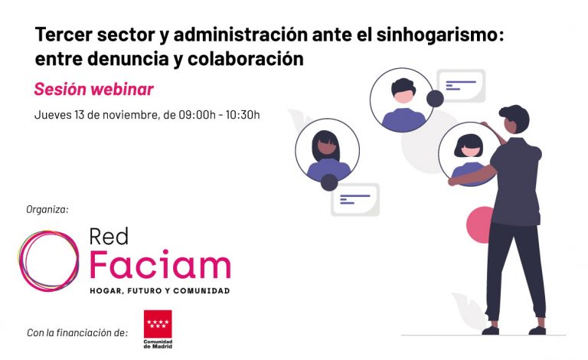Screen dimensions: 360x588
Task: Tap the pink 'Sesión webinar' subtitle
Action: pyautogui.click(x=93, y=90)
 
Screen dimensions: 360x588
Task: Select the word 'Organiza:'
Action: pyautogui.click(x=47, y=208)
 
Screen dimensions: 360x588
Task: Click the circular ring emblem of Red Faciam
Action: pyautogui.click(x=48, y=260)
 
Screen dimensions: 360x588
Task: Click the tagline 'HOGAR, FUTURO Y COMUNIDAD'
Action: pyautogui.click(x=159, y=291)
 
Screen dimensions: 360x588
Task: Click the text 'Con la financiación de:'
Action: pyautogui.click(x=77, y=332)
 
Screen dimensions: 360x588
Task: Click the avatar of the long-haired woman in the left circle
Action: pyautogui.click(x=327, y=151)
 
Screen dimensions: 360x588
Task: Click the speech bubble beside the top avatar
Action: pyautogui.click(x=461, y=85)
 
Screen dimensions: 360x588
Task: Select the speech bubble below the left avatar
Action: pyautogui.click(x=355, y=198)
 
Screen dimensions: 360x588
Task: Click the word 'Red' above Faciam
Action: pyautogui.click(x=109, y=236)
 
